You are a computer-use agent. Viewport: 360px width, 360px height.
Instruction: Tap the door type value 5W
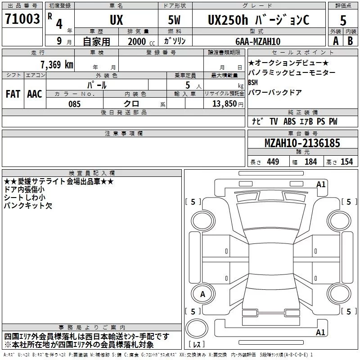(x=175, y=19)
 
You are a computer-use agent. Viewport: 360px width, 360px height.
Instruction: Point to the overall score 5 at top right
(x=343, y=21)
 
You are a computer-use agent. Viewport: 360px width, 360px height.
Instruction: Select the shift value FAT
(x=13, y=94)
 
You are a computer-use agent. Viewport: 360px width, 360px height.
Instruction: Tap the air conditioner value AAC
(x=35, y=94)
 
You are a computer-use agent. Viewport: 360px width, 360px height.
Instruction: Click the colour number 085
(x=75, y=104)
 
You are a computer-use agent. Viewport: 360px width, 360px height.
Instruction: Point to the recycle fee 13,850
(x=223, y=104)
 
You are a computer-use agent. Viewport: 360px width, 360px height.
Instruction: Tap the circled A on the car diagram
(x=202, y=294)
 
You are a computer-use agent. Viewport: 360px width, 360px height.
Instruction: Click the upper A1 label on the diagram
(x=321, y=184)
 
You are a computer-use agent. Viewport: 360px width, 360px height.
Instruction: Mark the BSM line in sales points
(x=253, y=83)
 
